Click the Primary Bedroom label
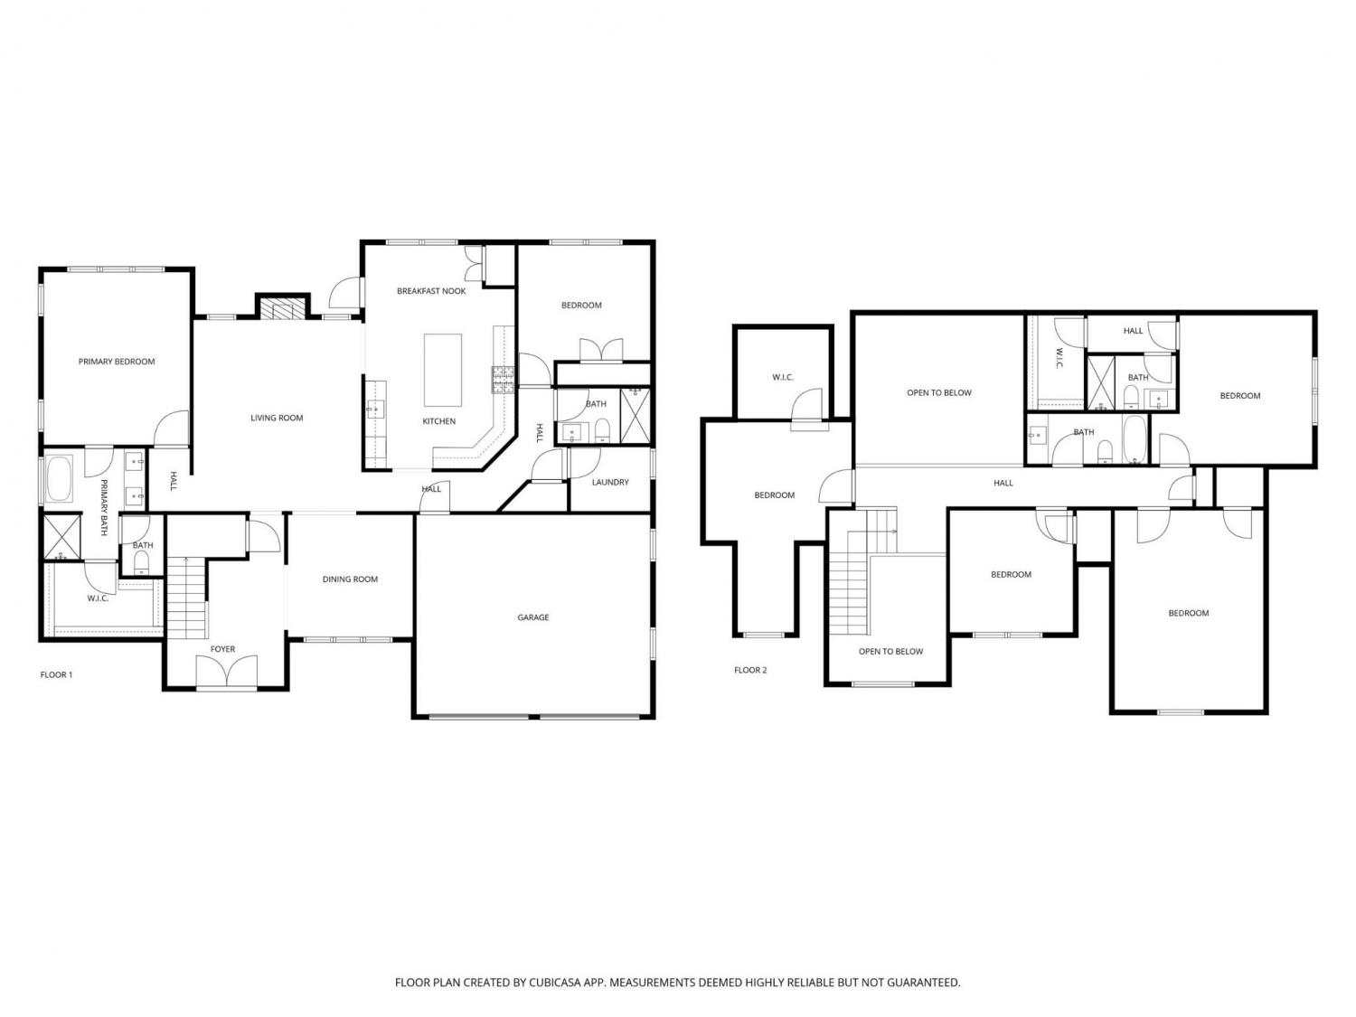[x=116, y=362]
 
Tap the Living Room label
[x=277, y=418]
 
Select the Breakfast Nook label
[x=431, y=291]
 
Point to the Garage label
[x=533, y=617]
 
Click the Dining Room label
[x=350, y=579]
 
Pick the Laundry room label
[x=610, y=482]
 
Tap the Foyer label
[x=222, y=649]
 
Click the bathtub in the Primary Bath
[x=60, y=478]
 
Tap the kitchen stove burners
[x=503, y=380]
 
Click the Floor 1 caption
[x=56, y=675]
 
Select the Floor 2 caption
[x=750, y=670]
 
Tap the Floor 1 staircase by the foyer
[x=186, y=598]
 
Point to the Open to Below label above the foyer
[x=890, y=652]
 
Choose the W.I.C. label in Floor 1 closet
[x=98, y=598]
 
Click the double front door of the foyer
[x=227, y=671]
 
